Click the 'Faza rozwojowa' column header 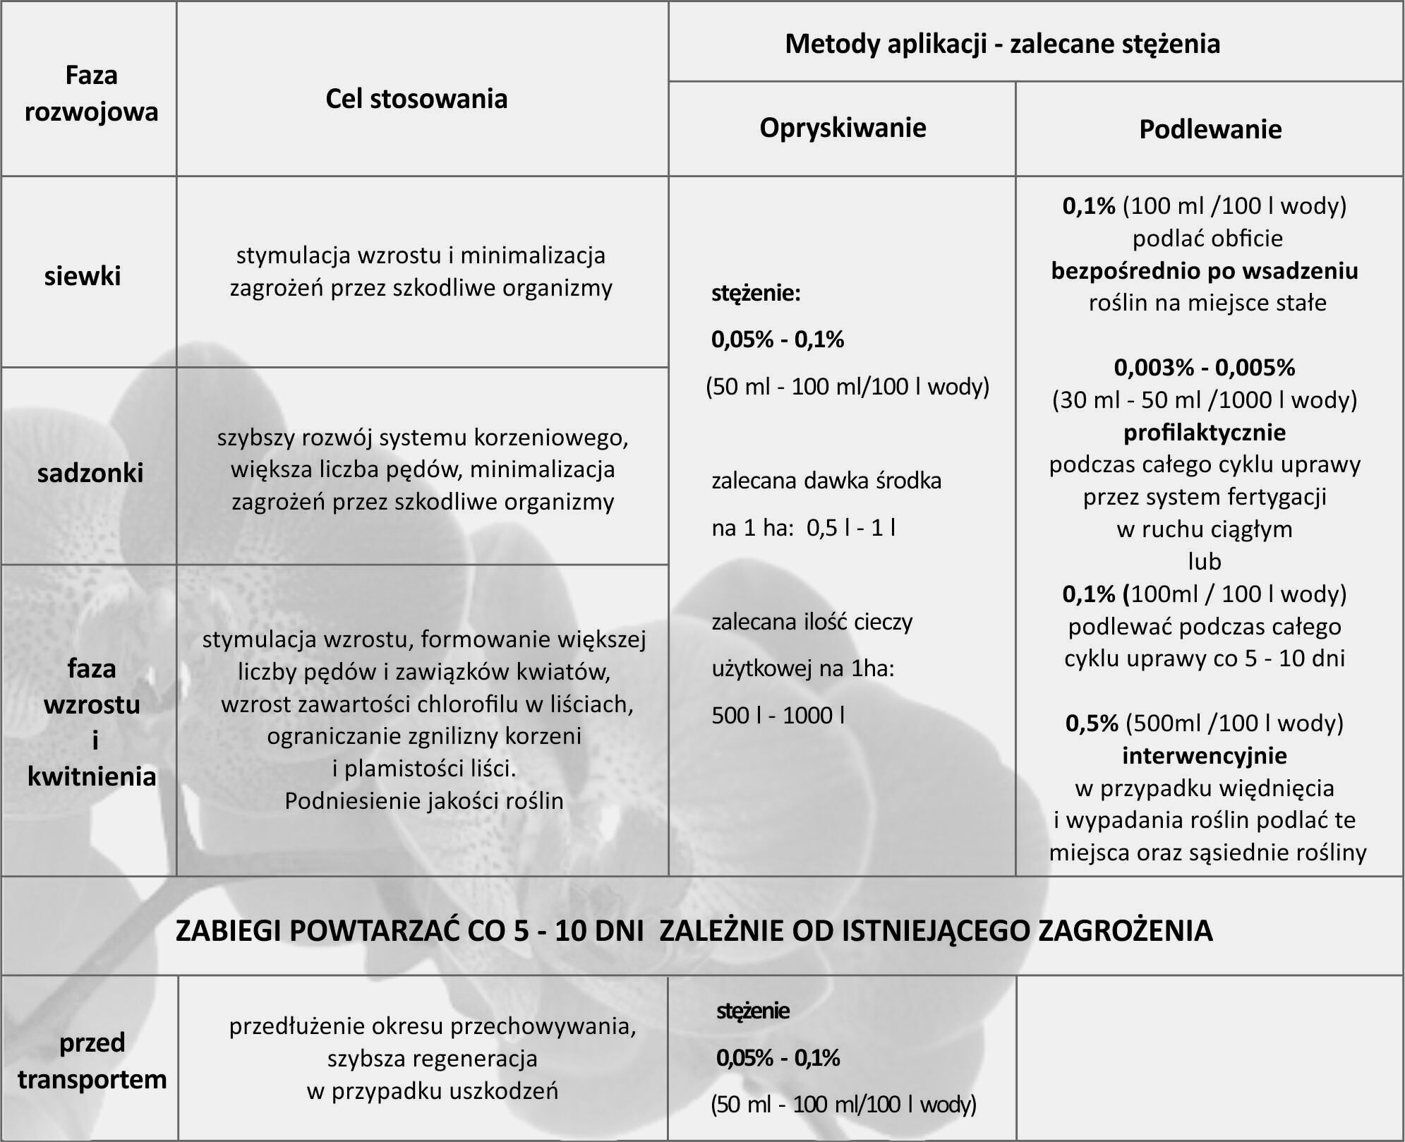coord(91,93)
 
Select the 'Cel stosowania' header coord(416,99)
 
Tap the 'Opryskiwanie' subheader coord(843,128)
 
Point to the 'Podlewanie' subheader coord(1210,129)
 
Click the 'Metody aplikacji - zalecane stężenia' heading coord(1002,44)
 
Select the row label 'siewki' coord(83,276)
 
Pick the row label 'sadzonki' coord(90,473)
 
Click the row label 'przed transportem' coord(92,1061)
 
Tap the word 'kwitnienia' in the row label coord(92,776)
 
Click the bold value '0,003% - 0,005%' coord(1205,368)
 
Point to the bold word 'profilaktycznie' coord(1205,432)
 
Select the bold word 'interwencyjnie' coord(1205,756)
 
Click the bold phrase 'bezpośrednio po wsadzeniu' coord(1205,271)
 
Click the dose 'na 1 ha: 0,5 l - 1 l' coord(803,528)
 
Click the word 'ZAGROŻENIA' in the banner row coord(1126,931)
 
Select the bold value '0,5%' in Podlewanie coord(1092,723)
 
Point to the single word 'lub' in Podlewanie coord(1205,562)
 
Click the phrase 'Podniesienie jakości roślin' coord(424,801)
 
